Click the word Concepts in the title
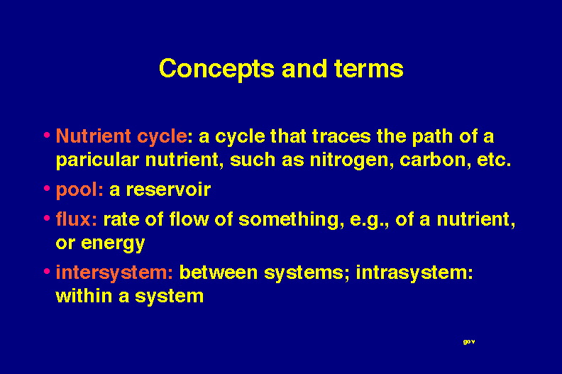[217, 70]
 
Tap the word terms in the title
[369, 69]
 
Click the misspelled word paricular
[97, 160]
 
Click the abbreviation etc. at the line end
[494, 160]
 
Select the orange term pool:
[79, 190]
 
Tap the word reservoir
[168, 189]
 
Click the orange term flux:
[77, 219]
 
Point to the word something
[289, 220]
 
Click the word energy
[113, 244]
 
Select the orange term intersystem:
[114, 273]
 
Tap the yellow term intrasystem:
[414, 273]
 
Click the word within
[84, 296]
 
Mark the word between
[219, 273]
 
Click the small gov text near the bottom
[469, 342]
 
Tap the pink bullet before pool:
[47, 188]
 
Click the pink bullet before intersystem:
[47, 271]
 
